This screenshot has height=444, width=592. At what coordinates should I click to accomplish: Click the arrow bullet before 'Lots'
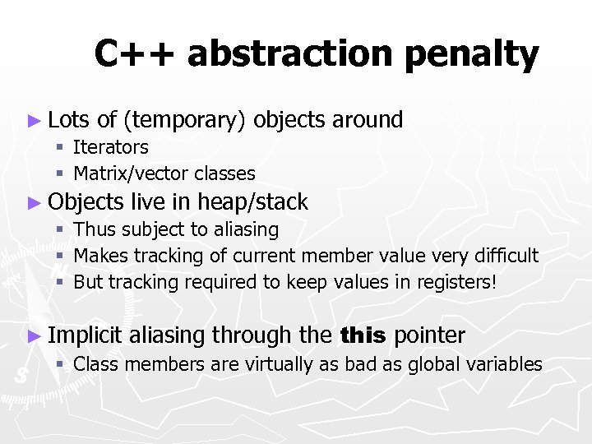pyautogui.click(x=33, y=121)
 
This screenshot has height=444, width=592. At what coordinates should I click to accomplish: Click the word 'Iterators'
pyautogui.click(x=111, y=148)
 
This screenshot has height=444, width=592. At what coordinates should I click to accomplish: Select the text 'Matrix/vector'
pyautogui.click(x=131, y=174)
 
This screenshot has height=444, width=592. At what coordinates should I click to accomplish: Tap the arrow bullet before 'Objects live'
pyautogui.click(x=33, y=202)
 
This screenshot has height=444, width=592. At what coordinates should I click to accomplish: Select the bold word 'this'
pyautogui.click(x=362, y=335)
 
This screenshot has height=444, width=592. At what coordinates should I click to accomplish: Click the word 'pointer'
pyautogui.click(x=429, y=335)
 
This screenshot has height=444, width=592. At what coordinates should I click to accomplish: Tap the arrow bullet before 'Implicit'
pyautogui.click(x=33, y=335)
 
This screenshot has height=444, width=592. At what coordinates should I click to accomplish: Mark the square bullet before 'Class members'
pyautogui.click(x=60, y=364)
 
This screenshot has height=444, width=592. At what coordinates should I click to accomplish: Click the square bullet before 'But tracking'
pyautogui.click(x=60, y=282)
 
